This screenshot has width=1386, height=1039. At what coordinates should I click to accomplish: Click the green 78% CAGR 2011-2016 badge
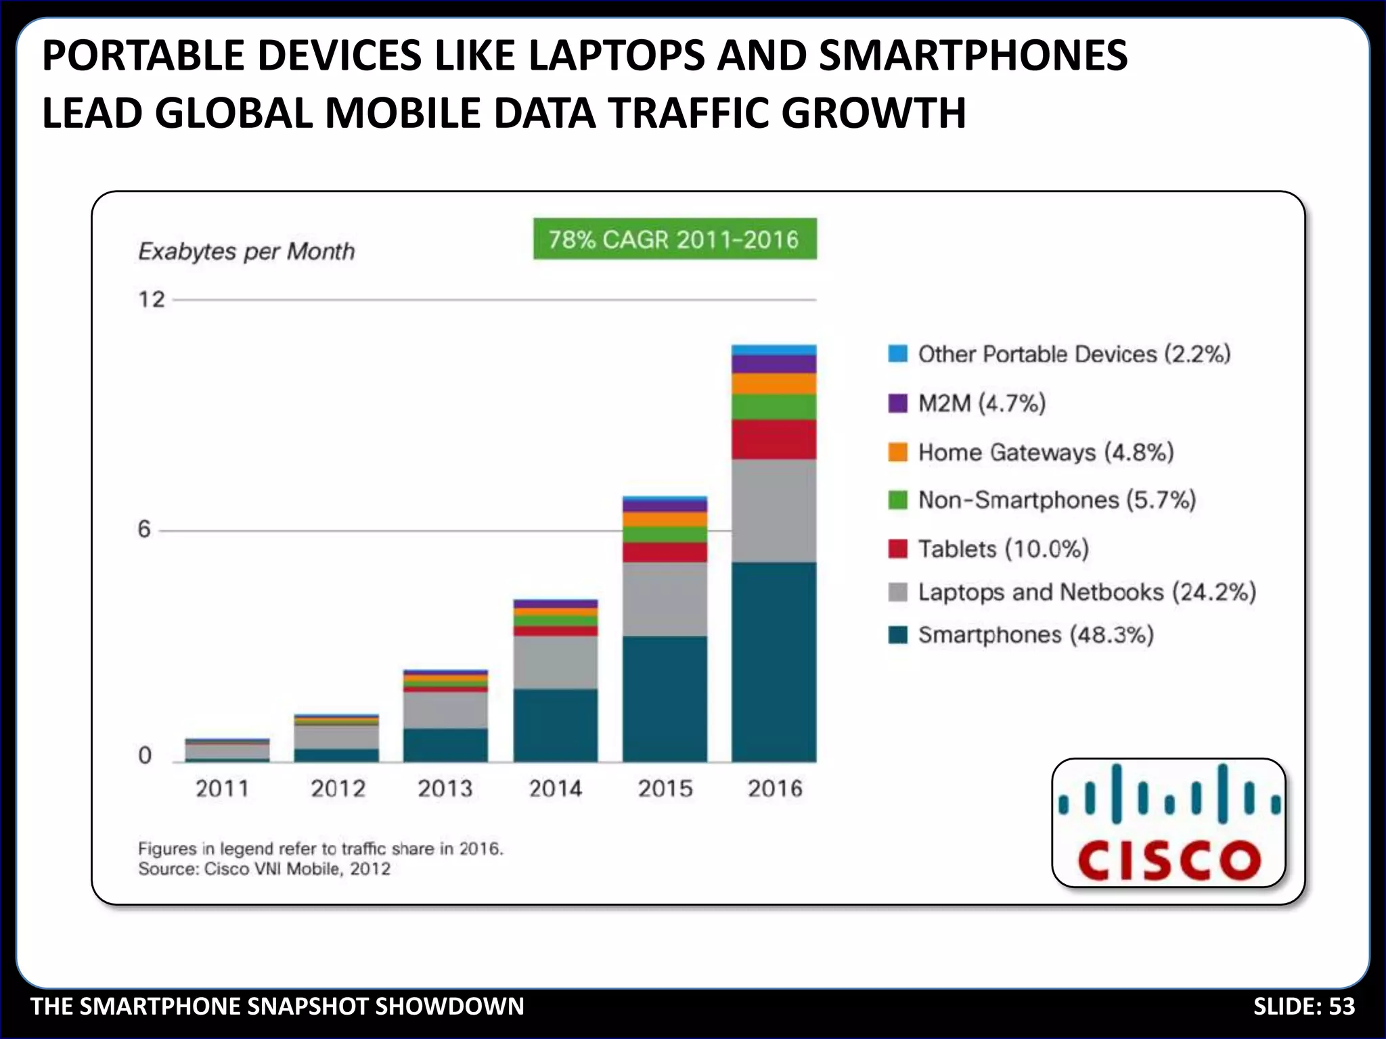675,239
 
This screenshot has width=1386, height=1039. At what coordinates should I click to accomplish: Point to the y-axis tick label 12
152,299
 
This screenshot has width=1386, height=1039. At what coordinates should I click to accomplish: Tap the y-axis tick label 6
144,530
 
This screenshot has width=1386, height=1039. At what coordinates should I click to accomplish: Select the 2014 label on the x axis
555,789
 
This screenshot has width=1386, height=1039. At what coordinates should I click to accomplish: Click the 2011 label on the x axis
222,789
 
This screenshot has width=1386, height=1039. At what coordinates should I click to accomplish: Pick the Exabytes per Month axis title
246,252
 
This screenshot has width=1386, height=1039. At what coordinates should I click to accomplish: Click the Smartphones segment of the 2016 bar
774,662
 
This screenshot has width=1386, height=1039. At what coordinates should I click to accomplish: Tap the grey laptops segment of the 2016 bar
774,511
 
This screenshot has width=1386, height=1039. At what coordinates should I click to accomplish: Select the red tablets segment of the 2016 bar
774,440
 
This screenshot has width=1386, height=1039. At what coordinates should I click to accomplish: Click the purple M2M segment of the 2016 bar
774,365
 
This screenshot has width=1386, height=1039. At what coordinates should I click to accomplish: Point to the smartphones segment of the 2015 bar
665,698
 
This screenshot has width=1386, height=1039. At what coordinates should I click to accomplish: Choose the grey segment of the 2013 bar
445,710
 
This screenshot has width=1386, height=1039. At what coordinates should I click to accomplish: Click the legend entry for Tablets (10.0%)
1003,549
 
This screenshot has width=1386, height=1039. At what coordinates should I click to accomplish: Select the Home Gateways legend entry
1045,452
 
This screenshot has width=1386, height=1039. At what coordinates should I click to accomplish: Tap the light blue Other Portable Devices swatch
897,354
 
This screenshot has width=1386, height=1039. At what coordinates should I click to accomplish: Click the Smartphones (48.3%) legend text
1035,635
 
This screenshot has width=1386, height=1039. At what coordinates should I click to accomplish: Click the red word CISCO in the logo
1169,860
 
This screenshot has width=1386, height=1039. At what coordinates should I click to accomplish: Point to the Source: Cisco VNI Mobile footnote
264,869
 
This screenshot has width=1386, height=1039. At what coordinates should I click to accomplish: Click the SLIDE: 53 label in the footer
1303,1007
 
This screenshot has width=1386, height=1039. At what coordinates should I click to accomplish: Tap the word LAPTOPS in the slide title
617,55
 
